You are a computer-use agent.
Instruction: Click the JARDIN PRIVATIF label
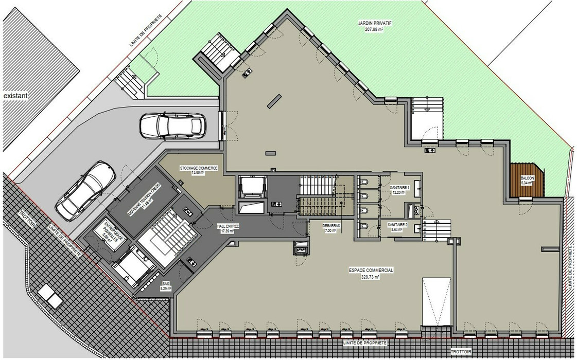(x=374, y=23)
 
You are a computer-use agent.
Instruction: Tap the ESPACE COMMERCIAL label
(x=371, y=270)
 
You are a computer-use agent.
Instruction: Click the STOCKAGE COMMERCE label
(x=199, y=168)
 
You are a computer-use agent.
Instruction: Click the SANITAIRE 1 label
(x=399, y=188)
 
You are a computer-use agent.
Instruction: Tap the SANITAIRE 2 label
(x=397, y=225)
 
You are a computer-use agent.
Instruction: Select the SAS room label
(x=166, y=283)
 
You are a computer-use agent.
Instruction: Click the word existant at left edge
(x=14, y=96)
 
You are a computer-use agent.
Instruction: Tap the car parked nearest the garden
(x=172, y=125)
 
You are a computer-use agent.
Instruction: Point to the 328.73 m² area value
(x=371, y=277)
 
